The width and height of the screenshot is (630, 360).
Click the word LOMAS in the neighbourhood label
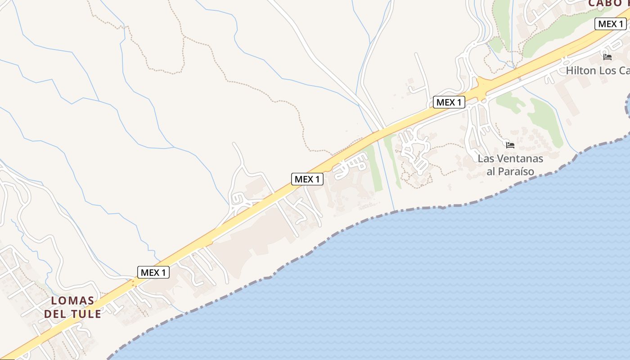pos(72,301)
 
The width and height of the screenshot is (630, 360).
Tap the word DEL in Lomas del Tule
pos(54,314)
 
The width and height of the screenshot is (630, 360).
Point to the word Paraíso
pos(517,171)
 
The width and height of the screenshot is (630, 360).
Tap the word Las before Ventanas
pos(486,158)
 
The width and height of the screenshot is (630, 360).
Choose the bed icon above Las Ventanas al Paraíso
pos(510,145)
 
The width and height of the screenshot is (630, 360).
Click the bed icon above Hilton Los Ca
pos(607,57)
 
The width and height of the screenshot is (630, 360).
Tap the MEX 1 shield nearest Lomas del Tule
pos(153,272)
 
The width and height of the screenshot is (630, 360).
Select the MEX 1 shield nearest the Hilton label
pos(611,24)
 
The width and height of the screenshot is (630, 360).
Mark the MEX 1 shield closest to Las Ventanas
pos(449,102)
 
